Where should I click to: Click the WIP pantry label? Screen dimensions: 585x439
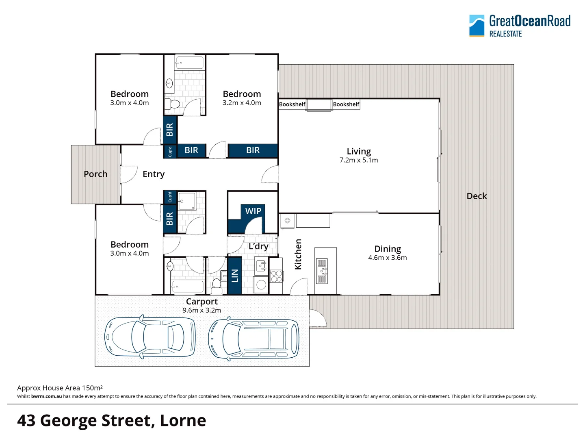(253, 211)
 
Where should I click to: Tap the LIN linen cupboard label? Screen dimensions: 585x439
(234, 276)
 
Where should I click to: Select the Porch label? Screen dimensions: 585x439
(95, 174)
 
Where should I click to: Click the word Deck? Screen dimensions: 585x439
(477, 196)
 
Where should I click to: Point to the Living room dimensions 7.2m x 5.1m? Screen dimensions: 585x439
(358, 160)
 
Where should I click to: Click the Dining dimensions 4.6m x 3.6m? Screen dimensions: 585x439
(388, 258)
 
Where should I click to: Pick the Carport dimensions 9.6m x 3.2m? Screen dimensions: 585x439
(202, 310)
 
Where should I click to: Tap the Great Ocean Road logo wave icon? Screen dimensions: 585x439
(477, 26)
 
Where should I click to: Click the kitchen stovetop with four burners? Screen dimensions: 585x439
(276, 276)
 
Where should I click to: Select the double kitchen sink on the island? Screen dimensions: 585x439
(322, 271)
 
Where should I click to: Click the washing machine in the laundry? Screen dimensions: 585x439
(261, 285)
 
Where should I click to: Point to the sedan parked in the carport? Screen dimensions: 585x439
(150, 337)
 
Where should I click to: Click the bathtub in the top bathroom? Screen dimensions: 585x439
(189, 63)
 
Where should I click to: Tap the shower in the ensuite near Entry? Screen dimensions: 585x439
(187, 201)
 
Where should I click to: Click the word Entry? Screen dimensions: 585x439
(154, 174)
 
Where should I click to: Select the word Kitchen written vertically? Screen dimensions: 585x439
(298, 254)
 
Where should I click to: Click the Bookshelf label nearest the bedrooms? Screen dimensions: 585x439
(292, 104)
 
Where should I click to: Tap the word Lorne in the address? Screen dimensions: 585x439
(183, 421)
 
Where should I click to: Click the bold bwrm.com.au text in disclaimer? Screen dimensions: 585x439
(46, 396)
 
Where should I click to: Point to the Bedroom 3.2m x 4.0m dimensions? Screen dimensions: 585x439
(242, 103)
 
